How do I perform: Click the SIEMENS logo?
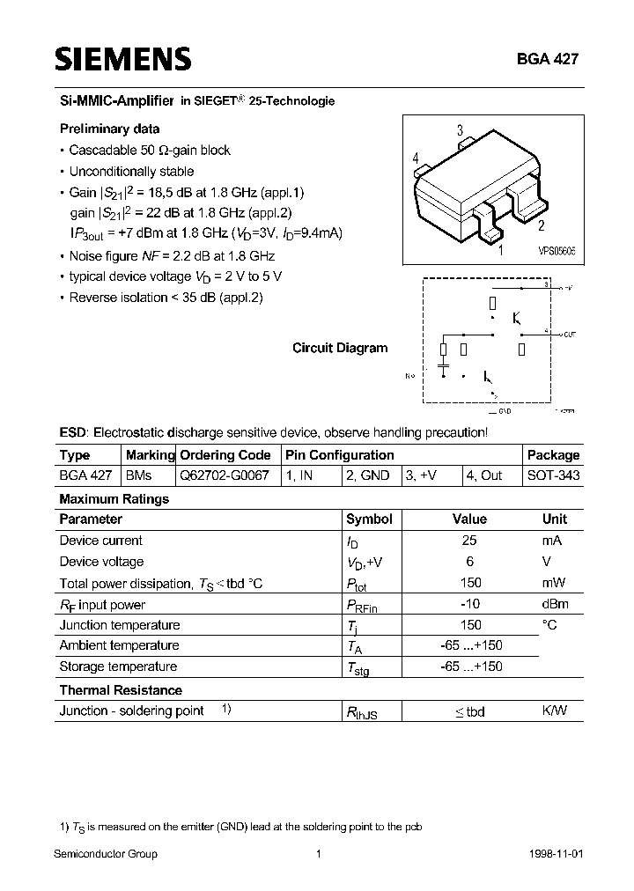123,60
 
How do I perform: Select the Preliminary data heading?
109,129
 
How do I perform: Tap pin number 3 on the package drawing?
460,131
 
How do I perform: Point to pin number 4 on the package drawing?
415,158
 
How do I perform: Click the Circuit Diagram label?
340,348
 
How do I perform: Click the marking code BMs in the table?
139,475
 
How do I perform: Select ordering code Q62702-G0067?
225,475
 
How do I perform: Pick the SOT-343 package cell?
553,475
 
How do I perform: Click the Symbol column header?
369,519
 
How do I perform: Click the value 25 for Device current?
470,541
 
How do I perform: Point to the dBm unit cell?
555,604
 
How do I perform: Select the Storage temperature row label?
118,666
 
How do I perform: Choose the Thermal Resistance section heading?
121,690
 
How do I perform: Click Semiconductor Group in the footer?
106,854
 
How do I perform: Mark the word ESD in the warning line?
73,433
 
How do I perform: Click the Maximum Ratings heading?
114,498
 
